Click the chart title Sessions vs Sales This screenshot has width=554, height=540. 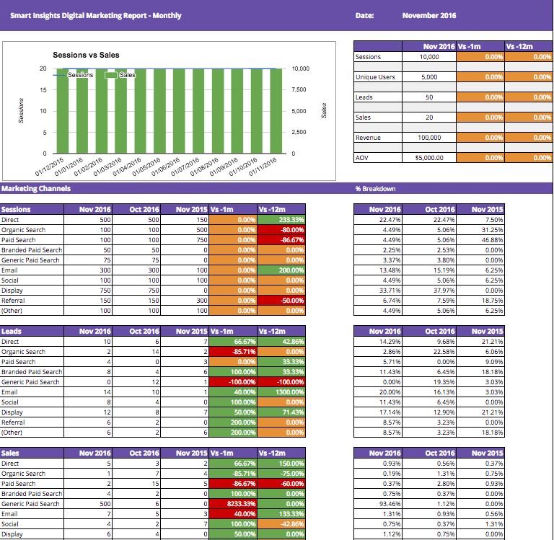(86, 55)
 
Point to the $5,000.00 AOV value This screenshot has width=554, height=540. (429, 157)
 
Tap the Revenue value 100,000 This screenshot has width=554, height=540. (429, 137)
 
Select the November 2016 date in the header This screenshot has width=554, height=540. (429, 15)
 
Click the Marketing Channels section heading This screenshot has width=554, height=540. (36, 189)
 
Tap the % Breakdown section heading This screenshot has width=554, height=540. (377, 189)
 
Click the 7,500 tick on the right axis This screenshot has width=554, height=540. (299, 89)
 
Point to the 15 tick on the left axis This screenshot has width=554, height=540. (43, 90)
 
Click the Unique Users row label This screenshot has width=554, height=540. (375, 76)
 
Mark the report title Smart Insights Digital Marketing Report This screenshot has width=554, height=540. (96, 15)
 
